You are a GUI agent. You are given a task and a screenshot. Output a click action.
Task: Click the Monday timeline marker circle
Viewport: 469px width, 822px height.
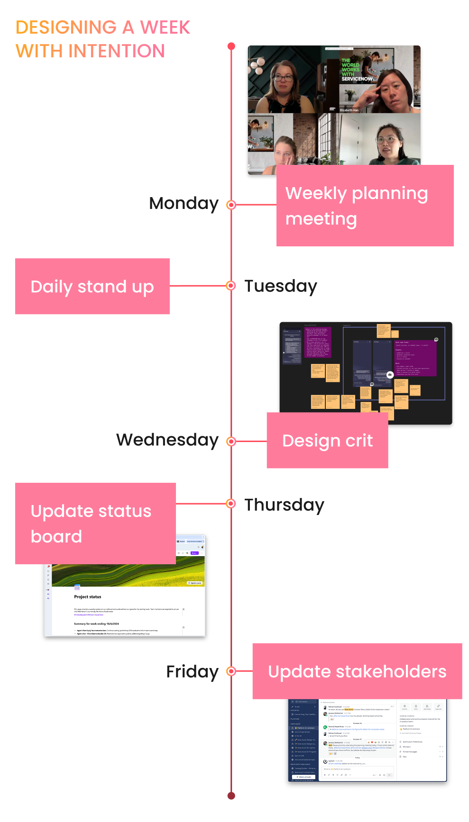231,205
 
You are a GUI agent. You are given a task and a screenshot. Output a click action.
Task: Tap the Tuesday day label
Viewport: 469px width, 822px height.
280,286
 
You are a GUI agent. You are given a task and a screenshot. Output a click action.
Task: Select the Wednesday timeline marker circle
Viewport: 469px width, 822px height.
231,441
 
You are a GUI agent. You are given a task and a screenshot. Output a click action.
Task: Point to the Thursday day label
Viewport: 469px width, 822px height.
284,505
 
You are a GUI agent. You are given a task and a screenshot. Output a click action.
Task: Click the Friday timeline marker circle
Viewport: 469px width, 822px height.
231,671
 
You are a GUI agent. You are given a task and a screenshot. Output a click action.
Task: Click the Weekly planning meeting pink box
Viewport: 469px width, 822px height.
365,206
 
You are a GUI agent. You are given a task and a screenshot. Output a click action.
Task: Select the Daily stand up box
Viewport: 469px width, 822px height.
92,286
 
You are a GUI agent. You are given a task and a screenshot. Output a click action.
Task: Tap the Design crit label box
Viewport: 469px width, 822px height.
327,441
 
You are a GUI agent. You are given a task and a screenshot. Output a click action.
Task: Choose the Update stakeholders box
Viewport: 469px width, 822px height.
357,671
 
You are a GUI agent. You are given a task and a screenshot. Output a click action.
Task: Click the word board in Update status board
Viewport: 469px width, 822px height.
56,536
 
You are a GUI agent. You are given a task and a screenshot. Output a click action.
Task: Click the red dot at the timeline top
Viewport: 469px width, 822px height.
231,46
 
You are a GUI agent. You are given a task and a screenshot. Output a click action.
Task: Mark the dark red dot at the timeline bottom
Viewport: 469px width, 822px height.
231,795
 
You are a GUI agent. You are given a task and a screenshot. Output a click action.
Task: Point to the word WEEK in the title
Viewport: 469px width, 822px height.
165,27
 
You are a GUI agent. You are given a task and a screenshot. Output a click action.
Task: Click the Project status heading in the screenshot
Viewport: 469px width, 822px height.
88,597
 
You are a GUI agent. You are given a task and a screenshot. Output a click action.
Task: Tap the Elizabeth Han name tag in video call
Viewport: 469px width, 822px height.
349,110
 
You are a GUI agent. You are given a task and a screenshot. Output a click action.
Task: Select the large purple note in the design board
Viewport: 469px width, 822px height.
415,358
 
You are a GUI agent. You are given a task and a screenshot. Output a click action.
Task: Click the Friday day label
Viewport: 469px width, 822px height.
192,671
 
